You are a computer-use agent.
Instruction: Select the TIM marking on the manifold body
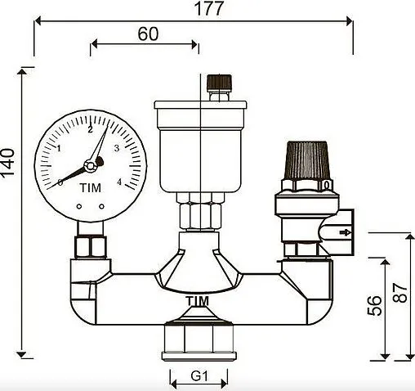(197, 302)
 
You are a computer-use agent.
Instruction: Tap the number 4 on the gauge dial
(119, 182)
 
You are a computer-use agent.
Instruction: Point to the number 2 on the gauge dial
(90, 129)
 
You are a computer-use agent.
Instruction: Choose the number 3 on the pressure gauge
(118, 148)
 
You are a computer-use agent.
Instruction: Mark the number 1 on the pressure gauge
(60, 148)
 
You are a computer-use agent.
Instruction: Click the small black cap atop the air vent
(216, 83)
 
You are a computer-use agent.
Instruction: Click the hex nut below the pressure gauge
(87, 247)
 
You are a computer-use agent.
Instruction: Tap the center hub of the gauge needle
(90, 164)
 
